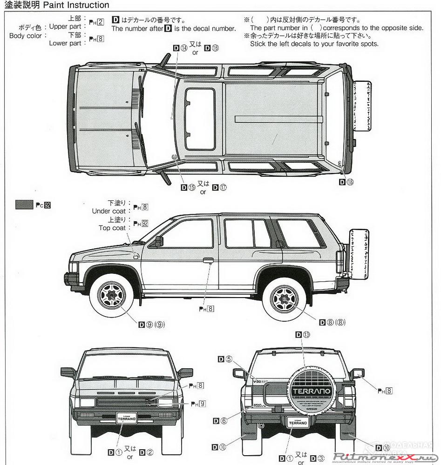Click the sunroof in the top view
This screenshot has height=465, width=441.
pyautogui.click(x=200, y=119)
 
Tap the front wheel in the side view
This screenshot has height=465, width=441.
pyautogui.click(x=111, y=294)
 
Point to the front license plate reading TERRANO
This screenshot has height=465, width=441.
pyautogui.click(x=127, y=418)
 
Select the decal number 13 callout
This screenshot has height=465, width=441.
pyautogui.click(x=302, y=335)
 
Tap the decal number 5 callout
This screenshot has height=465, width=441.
pyautogui.click(x=225, y=359)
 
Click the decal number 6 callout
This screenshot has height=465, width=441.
pyautogui.click(x=220, y=421)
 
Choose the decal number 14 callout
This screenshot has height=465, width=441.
pyautogui.click(x=181, y=47)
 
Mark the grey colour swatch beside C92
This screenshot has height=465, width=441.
pyautogui.click(x=24, y=205)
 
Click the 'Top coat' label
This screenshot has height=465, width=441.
pyautogui.click(x=112, y=227)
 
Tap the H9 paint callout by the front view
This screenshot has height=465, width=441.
pyautogui.click(x=200, y=404)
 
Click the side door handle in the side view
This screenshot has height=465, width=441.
pyautogui.click(x=208, y=260)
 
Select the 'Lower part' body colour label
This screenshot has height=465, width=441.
pyautogui.click(x=65, y=43)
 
